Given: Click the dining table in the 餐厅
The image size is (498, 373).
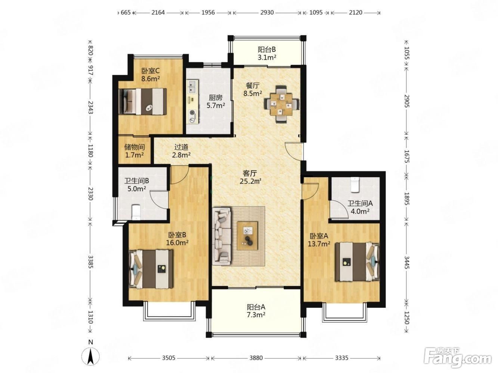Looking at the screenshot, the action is [281, 104].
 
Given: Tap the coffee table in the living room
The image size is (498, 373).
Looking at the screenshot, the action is [247, 236].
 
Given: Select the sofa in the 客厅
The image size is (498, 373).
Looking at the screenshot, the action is [222, 236].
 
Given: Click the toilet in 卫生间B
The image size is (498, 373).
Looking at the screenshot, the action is [136, 212].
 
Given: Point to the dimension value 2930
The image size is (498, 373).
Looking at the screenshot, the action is [267, 12].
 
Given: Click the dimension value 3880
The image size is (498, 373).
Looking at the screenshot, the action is [256, 358].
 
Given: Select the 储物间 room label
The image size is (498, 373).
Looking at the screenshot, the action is [134, 147].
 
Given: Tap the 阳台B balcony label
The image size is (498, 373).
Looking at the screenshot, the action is [267, 49].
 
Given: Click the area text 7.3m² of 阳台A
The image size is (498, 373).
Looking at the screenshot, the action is [256, 314].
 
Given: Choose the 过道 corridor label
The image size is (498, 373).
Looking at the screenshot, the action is [181, 147].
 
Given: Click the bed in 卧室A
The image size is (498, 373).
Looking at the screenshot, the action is [357, 262].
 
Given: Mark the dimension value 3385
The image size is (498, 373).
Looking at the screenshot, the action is [90, 262].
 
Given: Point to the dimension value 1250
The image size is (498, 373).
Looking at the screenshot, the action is [406, 318].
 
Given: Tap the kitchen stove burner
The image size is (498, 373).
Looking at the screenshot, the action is [192, 113].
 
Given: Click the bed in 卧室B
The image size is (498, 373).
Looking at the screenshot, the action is [151, 269].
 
